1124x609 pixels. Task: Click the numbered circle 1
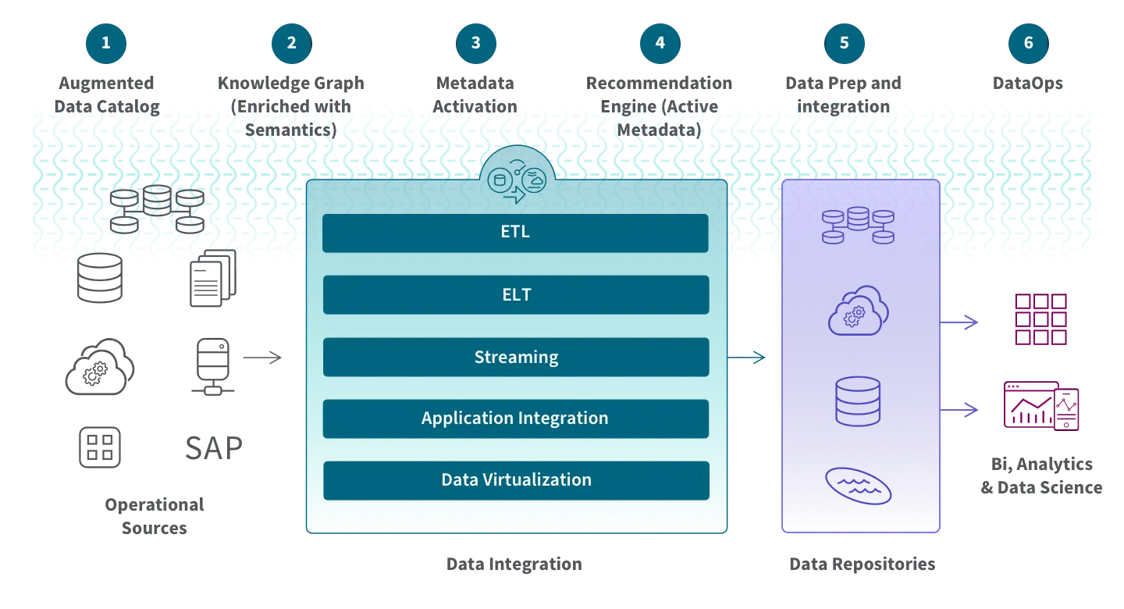coord(106,42)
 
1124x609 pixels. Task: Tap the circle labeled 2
coord(291,42)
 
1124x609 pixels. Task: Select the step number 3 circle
coord(475,42)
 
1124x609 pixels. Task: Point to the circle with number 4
coord(660,42)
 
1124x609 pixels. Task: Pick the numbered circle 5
coord(844,42)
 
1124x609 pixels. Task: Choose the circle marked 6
coord(1028,42)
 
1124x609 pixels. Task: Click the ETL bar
coord(515,233)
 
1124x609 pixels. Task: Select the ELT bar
coord(515,294)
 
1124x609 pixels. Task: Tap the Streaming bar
coord(515,357)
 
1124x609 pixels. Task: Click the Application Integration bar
coord(515,418)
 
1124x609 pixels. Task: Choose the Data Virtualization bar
coord(515,480)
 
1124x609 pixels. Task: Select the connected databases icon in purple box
coord(858,224)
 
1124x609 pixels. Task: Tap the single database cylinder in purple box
coord(858,401)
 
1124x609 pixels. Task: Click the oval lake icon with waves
coord(858,486)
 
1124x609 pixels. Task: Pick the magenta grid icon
coord(1039,320)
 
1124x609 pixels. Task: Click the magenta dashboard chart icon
coord(1040,406)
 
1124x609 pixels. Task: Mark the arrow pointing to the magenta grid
coord(960,321)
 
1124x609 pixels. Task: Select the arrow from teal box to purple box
coord(748,358)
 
